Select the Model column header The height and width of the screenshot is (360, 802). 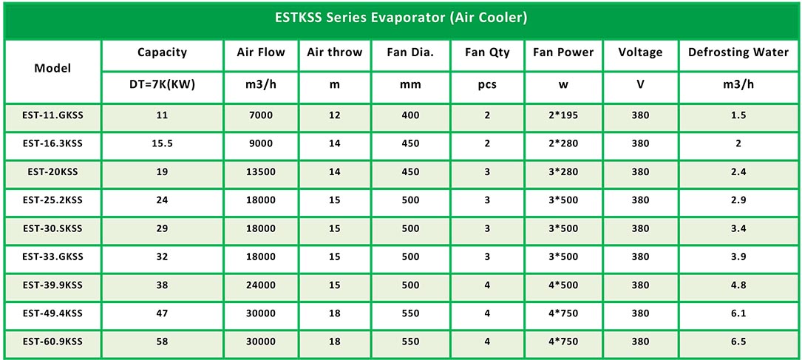point(52,68)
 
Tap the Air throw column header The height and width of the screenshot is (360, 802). point(335,52)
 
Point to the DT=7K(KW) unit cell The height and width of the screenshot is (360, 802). point(162,84)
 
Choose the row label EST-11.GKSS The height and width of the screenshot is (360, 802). point(52,115)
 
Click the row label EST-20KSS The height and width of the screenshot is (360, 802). point(52,171)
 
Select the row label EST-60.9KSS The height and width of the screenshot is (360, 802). point(52,341)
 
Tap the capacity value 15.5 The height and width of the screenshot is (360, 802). point(162,143)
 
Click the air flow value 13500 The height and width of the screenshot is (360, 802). point(261,171)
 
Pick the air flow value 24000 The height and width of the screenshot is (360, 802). point(261,285)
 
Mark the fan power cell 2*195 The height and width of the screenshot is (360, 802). point(563,115)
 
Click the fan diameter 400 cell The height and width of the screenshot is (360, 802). point(411,115)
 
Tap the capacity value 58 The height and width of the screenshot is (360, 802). point(162,341)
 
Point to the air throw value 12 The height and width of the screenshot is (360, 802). point(335,115)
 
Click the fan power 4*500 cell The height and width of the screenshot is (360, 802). point(563,285)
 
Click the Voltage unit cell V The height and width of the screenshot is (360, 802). point(640,84)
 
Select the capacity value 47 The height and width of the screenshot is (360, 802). point(162,313)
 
